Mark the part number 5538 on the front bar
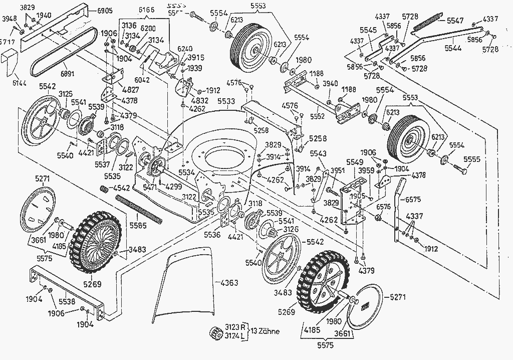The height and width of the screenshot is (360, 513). click(x=67, y=302)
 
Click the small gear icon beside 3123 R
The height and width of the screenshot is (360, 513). click(x=217, y=332)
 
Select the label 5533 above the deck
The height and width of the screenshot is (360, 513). click(x=226, y=102)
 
